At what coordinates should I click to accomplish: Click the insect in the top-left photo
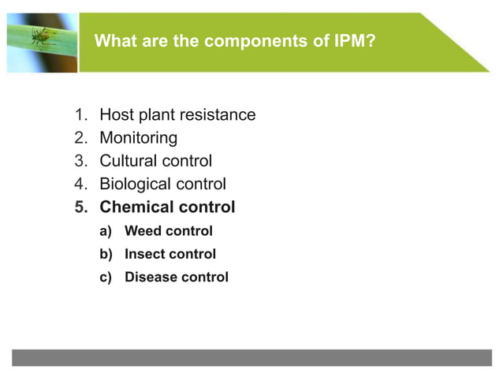(x=40, y=35)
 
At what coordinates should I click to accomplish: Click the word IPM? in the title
(x=354, y=41)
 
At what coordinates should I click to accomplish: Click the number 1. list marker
(x=81, y=115)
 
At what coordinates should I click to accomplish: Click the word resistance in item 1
(x=217, y=115)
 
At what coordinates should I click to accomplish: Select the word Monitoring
(x=138, y=138)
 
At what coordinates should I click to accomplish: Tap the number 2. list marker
(x=81, y=138)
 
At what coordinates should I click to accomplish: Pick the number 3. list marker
(x=81, y=161)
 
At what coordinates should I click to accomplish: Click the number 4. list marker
(x=81, y=184)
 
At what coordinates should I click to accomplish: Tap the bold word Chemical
(x=136, y=207)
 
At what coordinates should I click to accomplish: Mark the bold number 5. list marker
(x=81, y=207)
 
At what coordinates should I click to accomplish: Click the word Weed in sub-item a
(x=143, y=231)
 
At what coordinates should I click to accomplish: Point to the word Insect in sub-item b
(x=144, y=254)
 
